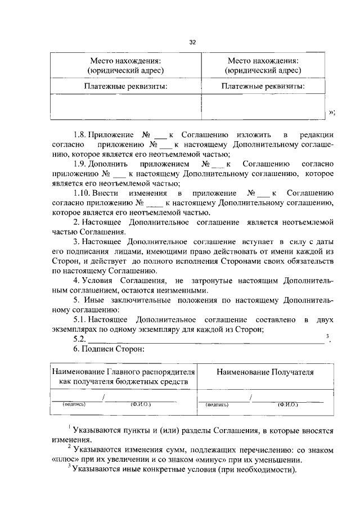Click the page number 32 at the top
point(192,43)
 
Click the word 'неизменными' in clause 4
point(182,290)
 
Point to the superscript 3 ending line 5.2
point(327,336)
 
